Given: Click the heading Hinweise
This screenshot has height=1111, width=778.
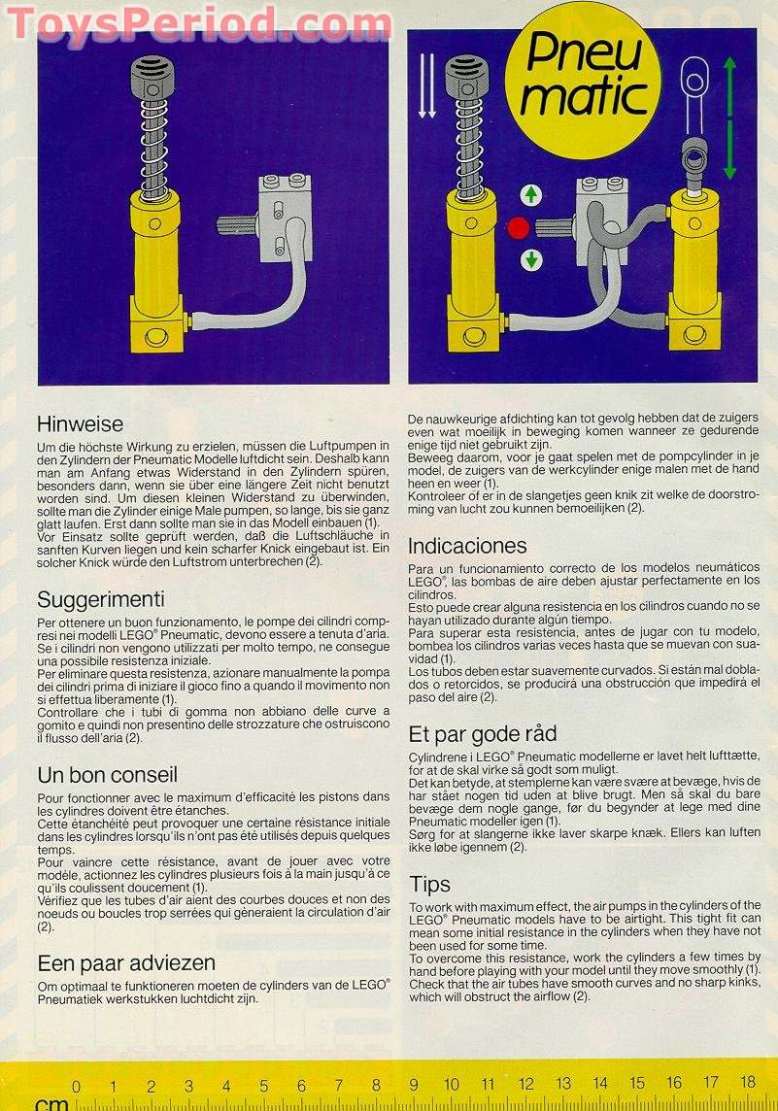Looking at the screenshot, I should (80, 424).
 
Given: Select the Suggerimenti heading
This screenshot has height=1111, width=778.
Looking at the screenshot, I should (100, 599).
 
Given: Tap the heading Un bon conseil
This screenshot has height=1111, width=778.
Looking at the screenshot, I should (107, 775).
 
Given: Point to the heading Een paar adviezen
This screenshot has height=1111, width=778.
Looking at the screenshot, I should (126, 963).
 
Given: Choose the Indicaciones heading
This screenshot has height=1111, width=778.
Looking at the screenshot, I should (467, 546).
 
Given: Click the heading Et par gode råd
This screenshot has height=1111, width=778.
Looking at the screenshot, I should (483, 733).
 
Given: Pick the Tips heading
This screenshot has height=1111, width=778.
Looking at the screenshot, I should (429, 884).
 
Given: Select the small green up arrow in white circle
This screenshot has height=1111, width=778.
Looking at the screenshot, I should (531, 195).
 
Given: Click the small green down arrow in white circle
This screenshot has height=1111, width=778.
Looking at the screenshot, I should (531, 260).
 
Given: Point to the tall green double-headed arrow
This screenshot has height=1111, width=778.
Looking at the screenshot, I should (730, 117).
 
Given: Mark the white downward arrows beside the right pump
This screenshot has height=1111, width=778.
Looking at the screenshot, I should (426, 87).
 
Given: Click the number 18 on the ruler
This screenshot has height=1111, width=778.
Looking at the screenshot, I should (748, 1082).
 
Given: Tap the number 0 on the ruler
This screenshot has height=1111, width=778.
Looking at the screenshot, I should (77, 1087).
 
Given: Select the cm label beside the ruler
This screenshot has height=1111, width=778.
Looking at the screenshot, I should (51, 1103).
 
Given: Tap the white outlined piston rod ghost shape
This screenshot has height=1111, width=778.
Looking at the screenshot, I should (693, 92).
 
